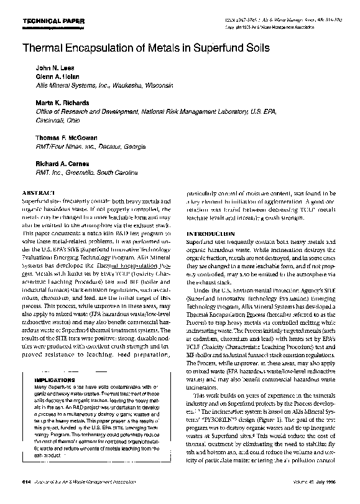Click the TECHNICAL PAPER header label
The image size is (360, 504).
click(44, 21)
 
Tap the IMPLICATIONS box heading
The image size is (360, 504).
click(54, 378)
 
